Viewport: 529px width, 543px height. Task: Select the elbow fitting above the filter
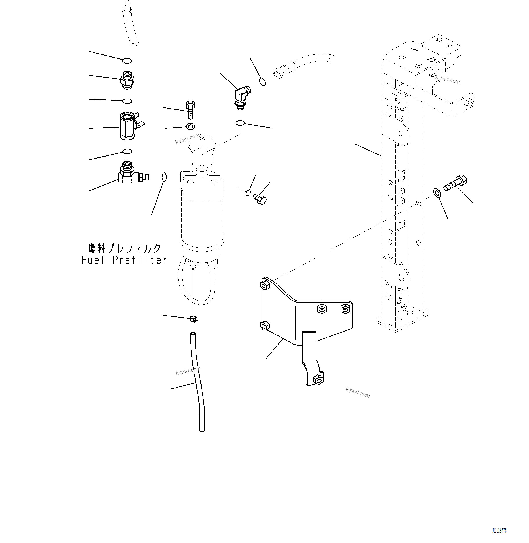[241, 97]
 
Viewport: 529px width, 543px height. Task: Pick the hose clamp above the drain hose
[194, 319]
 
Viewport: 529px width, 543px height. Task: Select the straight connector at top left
[127, 80]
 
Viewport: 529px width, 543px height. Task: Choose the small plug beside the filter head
[260, 200]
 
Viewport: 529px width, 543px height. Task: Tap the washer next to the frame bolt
[437, 192]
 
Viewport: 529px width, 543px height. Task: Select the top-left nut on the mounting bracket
[264, 285]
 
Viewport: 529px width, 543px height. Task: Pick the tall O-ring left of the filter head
[164, 177]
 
